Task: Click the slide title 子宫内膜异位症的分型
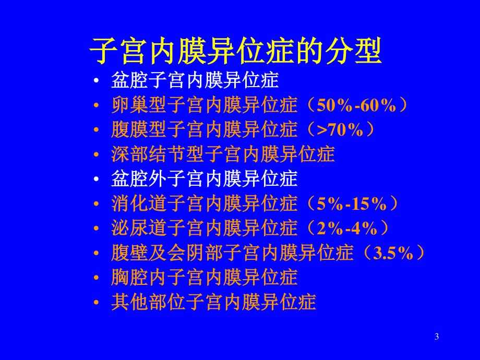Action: coord(235,51)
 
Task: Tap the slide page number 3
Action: coord(437,337)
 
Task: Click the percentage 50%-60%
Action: coord(356,105)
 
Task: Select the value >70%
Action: coord(340,130)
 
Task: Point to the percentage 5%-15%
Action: coord(352,203)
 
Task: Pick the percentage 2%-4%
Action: coord(347,229)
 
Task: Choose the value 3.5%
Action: coord(393,253)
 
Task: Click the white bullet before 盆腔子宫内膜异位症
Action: coord(97,81)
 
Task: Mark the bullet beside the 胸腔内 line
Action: coord(97,278)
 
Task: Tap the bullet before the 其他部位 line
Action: coord(97,303)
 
